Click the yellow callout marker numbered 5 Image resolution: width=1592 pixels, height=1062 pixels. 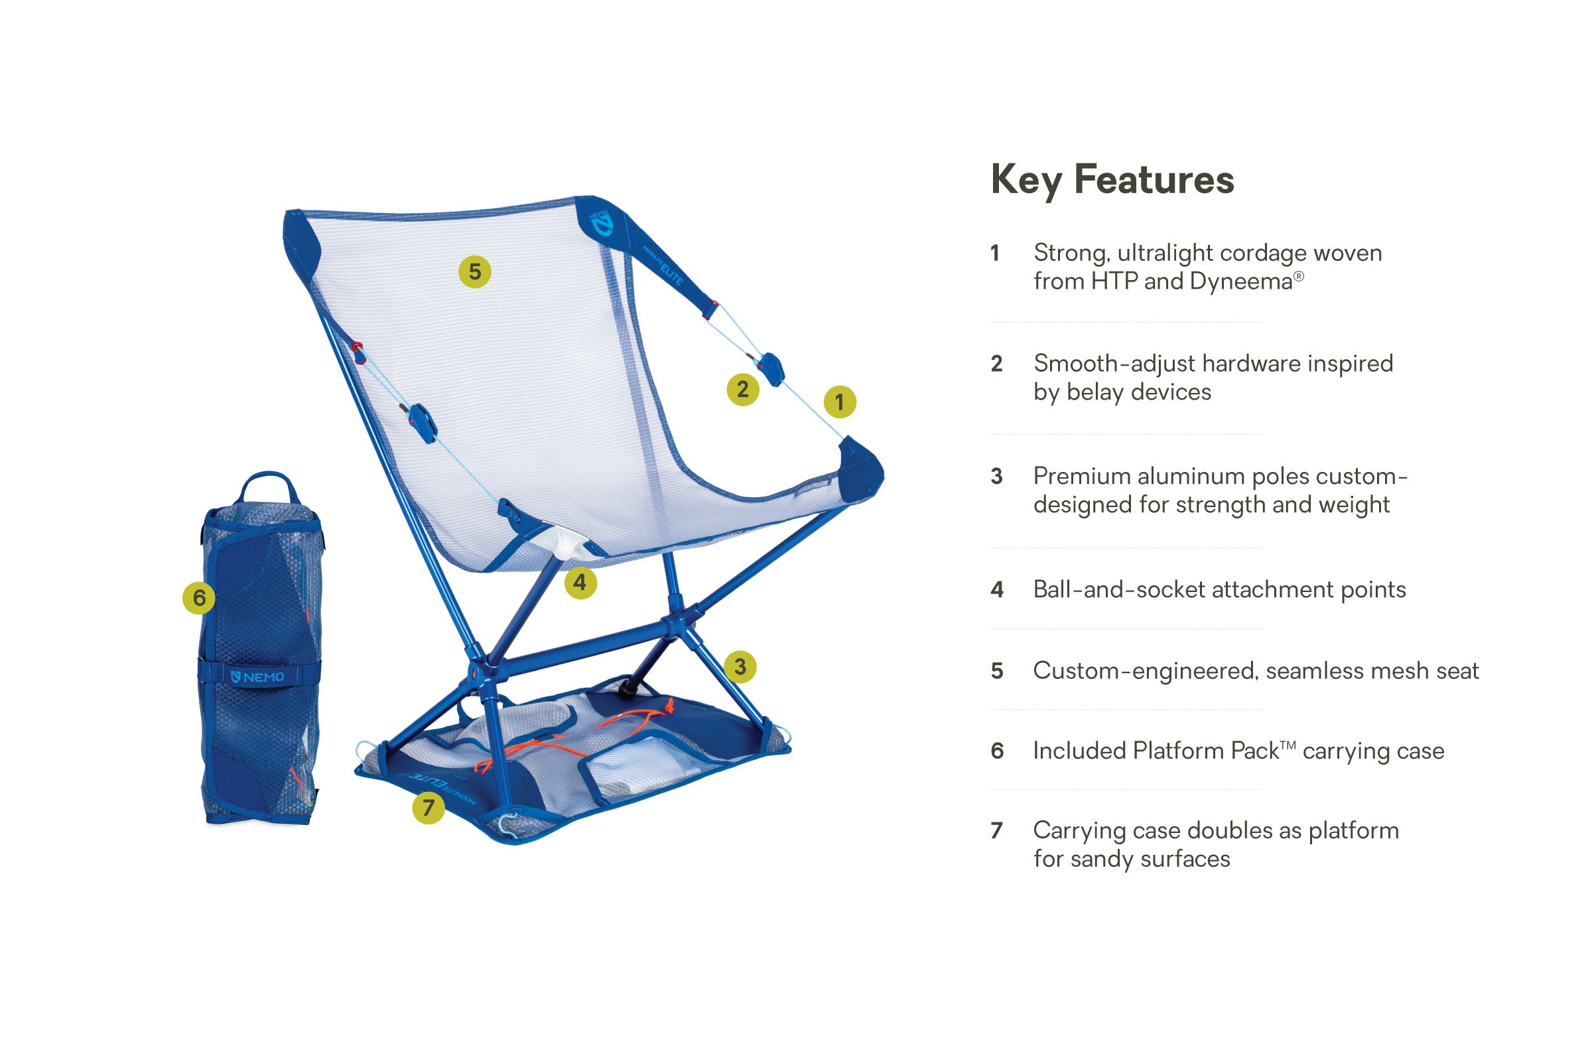coord(474,271)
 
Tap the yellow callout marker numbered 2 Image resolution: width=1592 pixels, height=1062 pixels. coord(742,389)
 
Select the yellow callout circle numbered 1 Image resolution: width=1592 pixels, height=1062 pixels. coord(839,402)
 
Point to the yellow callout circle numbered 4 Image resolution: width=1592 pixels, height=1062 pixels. coord(580,583)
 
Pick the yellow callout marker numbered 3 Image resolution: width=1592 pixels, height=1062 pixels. coord(740,666)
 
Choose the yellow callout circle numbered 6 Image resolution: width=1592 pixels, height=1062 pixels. coord(199,597)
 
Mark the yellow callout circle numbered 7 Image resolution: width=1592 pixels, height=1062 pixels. coord(428,807)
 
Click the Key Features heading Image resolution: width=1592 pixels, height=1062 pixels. coord(1112,179)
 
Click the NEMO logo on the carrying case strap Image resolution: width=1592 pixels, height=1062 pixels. coord(258,677)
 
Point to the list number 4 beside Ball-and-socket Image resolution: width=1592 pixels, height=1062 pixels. coord(997,589)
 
